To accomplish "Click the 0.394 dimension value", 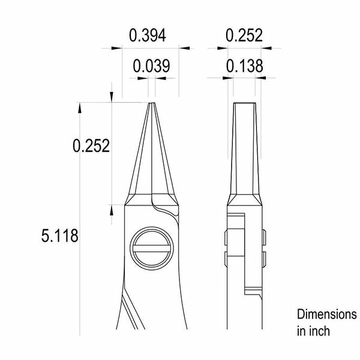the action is [x=148, y=35].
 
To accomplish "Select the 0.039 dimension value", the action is [x=152, y=66].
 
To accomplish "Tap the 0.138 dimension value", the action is [x=245, y=66].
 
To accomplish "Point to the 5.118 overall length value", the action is [x=59, y=236].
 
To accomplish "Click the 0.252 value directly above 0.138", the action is [x=244, y=35].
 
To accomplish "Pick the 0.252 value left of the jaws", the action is [x=91, y=146].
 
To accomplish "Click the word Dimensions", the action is [x=327, y=314].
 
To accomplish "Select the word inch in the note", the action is [x=320, y=331].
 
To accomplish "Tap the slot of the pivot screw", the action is [x=152, y=248].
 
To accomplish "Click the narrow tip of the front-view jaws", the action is [x=152, y=103].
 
